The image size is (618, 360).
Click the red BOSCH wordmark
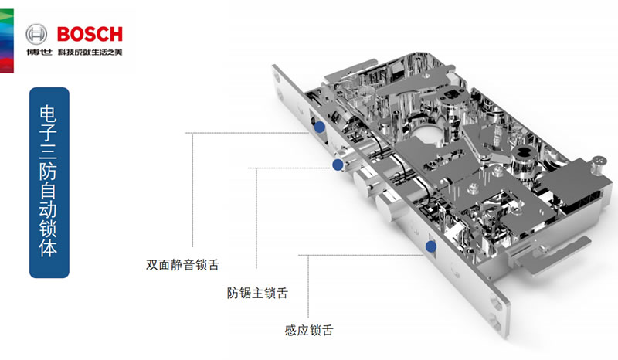[x=88, y=33]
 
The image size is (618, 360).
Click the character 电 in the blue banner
[x=49, y=110]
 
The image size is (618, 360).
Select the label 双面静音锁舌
[x=183, y=264]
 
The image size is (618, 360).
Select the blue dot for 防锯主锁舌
[x=337, y=165]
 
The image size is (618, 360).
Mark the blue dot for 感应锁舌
[x=431, y=247]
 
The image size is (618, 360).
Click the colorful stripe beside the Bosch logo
[x=6, y=39]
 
